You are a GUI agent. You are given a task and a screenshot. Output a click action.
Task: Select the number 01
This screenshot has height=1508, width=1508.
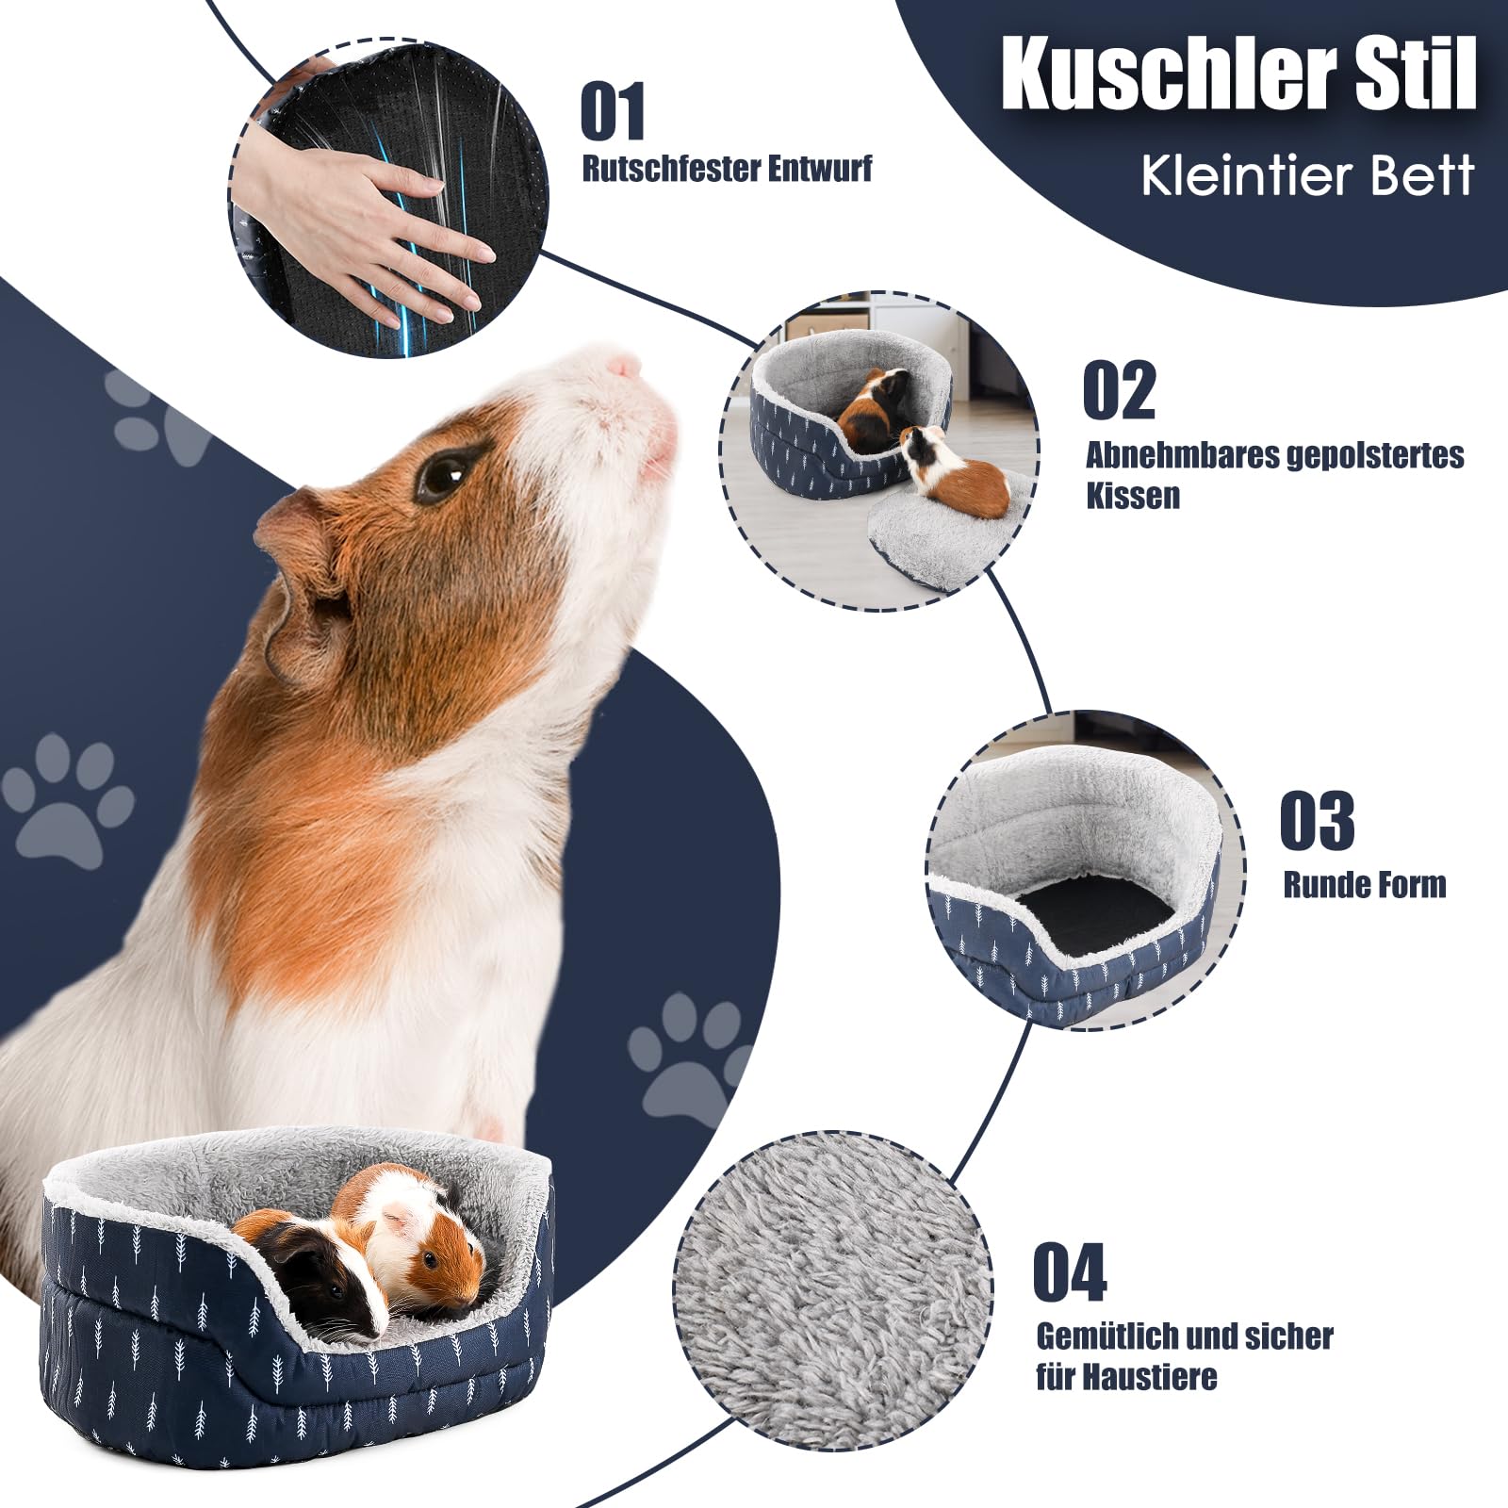pyautogui.click(x=613, y=112)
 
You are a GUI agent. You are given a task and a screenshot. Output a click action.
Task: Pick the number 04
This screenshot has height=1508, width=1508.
pyautogui.click(x=1070, y=1272)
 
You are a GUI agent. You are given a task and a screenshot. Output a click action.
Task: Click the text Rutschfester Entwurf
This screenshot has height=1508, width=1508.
pyautogui.click(x=727, y=170)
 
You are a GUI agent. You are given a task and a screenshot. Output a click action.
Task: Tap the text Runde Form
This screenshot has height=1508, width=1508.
pyautogui.click(x=1364, y=885)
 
